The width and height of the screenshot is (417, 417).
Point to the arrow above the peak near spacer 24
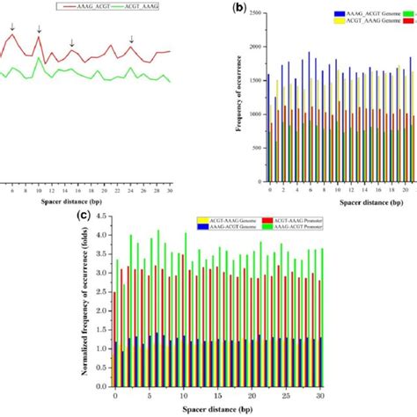[x=132, y=40]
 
